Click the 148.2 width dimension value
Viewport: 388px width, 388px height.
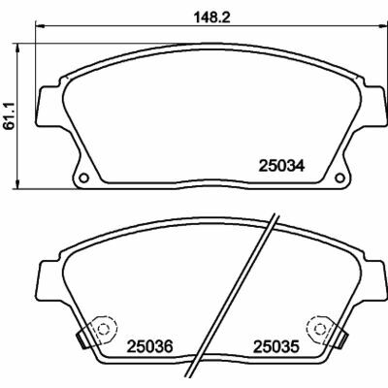coord(211,17)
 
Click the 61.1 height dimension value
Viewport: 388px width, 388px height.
coord(10,115)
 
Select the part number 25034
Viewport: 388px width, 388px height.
coord(281,166)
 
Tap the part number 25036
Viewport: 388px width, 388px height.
coord(150,346)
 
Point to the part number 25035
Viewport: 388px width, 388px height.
coord(276,346)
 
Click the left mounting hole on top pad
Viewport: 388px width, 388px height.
coord(83,178)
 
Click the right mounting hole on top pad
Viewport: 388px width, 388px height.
coord(339,178)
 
